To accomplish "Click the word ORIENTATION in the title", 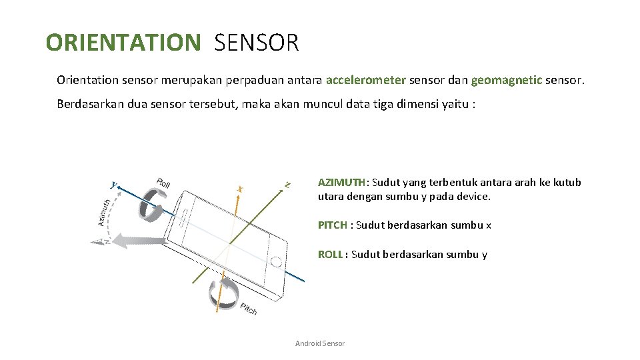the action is [123, 43].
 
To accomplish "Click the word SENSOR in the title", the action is [257, 43].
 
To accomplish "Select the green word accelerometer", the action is [365, 81].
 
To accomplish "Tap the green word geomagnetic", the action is [506, 81].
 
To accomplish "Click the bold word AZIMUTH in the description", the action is [342, 182].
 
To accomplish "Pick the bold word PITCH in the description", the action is [332, 225].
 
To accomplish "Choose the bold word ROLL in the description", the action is [331, 254].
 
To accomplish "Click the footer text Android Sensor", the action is [320, 343].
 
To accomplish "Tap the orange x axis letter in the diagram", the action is [239, 189].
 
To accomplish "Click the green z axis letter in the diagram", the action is [287, 183].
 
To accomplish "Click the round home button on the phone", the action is [275, 261].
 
